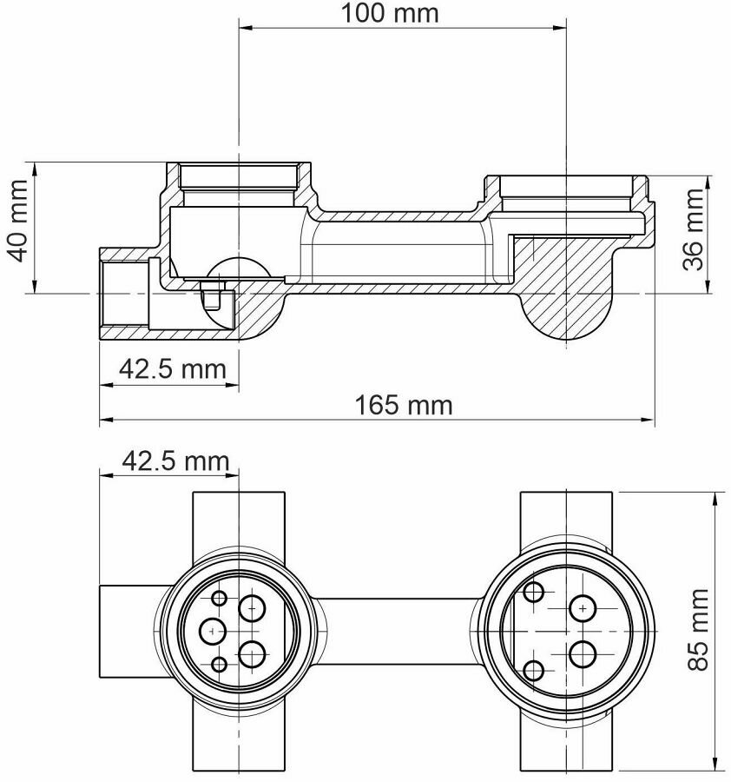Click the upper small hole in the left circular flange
point(219,598)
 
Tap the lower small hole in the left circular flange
point(219,665)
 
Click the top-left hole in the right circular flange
point(534,593)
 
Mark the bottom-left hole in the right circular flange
point(534,670)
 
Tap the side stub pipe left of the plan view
point(130,631)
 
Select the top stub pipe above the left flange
point(238,521)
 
